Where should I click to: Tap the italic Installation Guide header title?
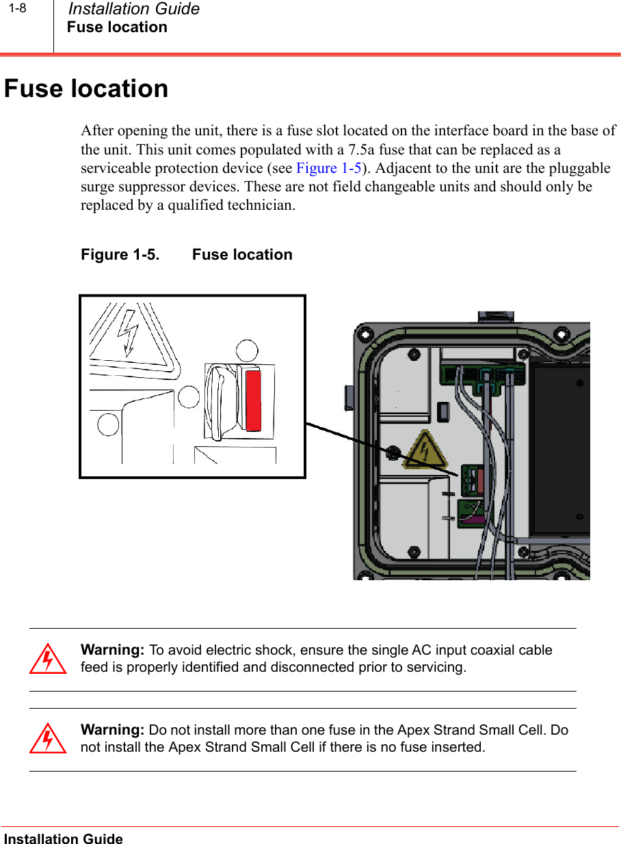point(134,9)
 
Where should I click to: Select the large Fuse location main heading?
point(86,89)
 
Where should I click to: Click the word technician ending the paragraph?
point(261,205)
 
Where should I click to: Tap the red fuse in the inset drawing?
point(253,400)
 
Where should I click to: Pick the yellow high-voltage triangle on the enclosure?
point(425,450)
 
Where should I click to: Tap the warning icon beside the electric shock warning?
point(48,659)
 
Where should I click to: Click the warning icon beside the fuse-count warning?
point(48,738)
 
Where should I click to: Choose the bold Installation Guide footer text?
point(64,839)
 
